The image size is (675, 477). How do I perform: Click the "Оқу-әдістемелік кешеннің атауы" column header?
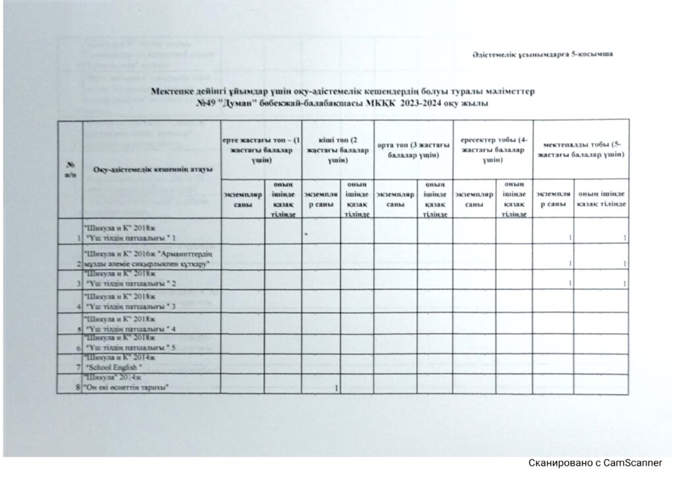152,170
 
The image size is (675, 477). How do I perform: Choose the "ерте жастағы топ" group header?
261,149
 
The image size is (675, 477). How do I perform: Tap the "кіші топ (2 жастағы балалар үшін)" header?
337,149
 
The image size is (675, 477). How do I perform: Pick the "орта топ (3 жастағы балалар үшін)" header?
413,150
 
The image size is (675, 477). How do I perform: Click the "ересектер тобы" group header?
492,149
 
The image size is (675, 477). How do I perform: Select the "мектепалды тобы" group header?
580,149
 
